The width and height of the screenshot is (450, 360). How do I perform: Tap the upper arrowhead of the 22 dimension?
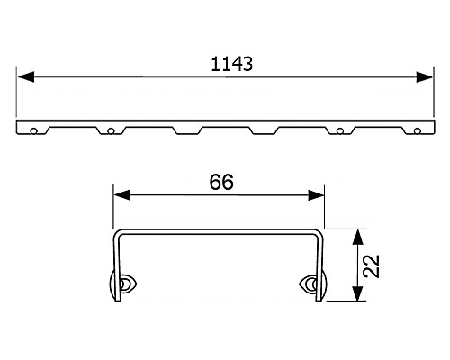pyautogui.click(x=359, y=236)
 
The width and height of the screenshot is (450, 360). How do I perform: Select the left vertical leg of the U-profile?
pyautogui.click(x=113, y=265)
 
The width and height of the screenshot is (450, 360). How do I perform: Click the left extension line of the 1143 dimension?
pyautogui.click(x=17, y=94)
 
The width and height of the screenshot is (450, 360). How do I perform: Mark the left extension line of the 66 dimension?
pyautogui.click(x=112, y=207)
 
